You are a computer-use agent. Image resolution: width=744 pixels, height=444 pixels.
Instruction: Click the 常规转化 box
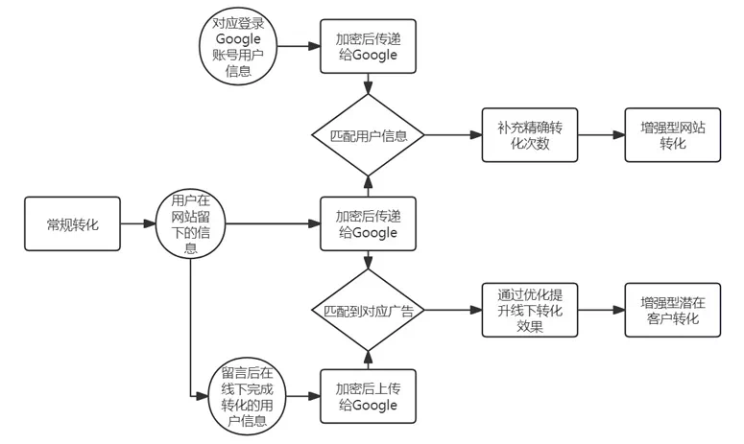[73, 224]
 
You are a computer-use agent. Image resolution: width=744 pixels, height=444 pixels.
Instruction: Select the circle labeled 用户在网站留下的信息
[190, 224]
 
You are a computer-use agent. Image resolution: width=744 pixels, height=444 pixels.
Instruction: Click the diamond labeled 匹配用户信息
[367, 135]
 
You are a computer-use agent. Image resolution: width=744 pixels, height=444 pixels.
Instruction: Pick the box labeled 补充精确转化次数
[529, 135]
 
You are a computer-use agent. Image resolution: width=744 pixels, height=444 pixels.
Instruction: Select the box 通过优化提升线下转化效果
[529, 310]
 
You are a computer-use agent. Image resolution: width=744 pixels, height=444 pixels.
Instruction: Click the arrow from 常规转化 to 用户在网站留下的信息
[140, 224]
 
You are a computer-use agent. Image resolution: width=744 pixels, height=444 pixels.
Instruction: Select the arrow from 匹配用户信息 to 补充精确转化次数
[451, 135]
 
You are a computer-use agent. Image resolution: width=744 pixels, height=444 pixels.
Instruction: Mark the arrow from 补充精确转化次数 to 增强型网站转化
[599, 135]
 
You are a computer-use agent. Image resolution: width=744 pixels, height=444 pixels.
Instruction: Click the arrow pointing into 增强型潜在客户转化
[599, 310]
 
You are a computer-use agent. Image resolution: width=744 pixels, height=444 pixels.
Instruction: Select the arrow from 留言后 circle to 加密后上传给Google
[300, 395]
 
